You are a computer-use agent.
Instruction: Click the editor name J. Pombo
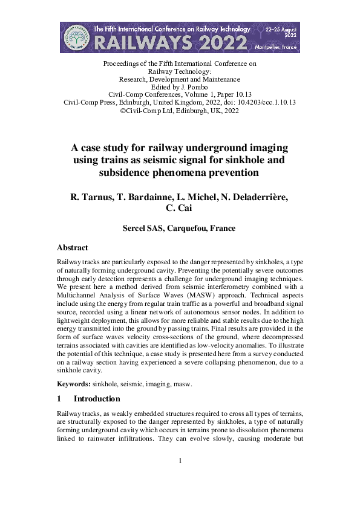[x=191, y=86]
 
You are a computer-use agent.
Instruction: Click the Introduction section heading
[x=97, y=399]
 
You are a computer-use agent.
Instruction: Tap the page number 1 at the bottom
[x=180, y=462]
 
